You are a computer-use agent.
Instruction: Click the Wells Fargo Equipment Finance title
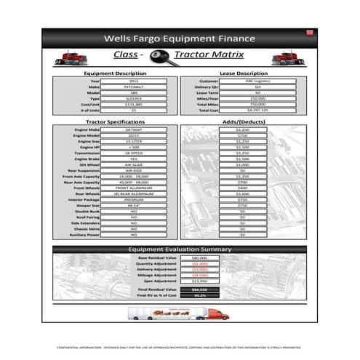180,38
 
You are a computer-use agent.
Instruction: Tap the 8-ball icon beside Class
156,55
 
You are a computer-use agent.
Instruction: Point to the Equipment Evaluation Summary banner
180,249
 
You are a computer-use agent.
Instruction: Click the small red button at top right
309,32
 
